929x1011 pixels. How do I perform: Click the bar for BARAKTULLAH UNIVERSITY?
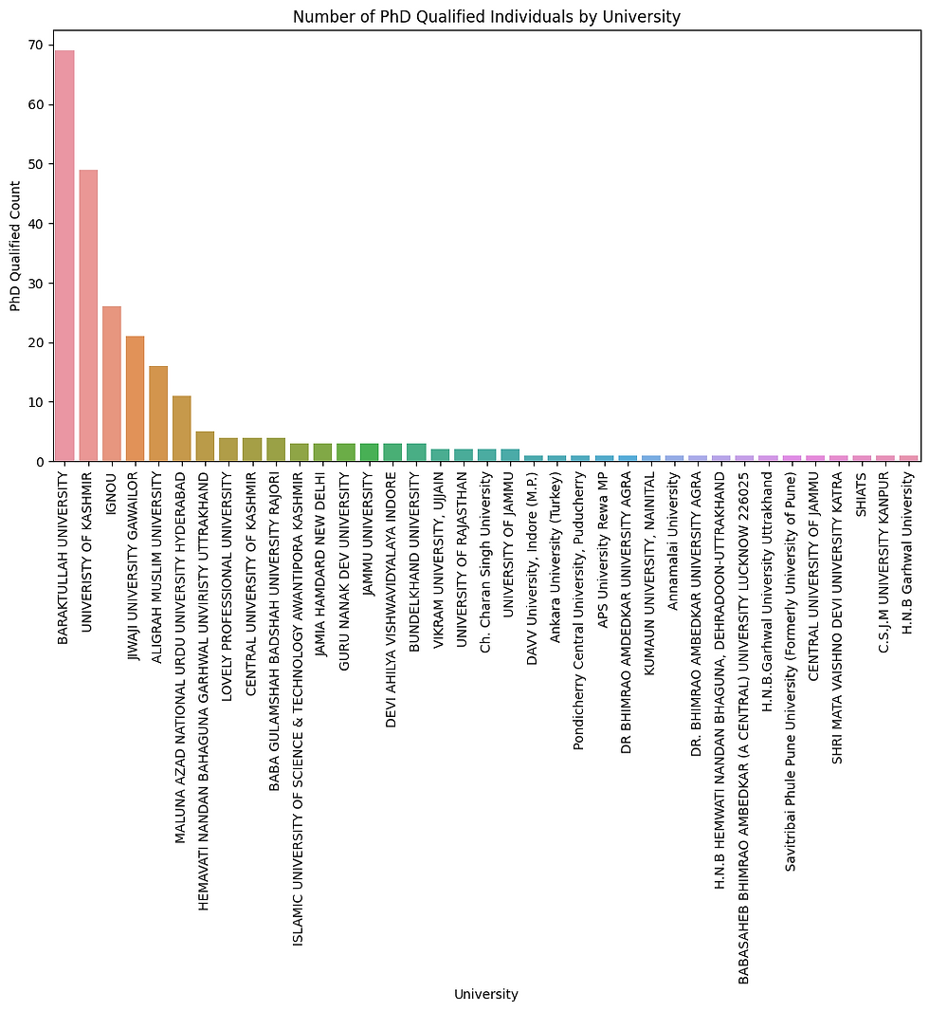(64, 256)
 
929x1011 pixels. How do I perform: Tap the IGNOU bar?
(112, 384)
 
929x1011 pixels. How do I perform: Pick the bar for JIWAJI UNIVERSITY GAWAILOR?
(135, 399)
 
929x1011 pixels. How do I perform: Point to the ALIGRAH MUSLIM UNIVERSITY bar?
(158, 414)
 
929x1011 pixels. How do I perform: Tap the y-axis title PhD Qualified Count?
(15, 253)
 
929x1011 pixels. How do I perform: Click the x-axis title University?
(486, 994)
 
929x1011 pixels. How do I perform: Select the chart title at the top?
(486, 16)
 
